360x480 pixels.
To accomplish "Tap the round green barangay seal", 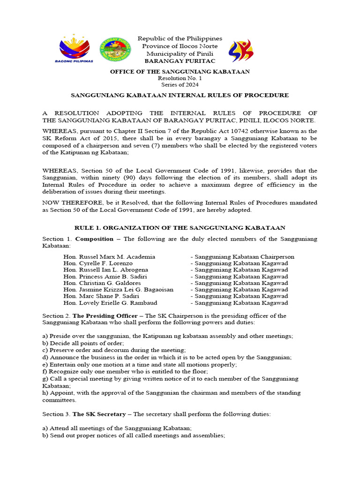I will coord(115,49).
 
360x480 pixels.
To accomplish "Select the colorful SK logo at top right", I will coord(240,51).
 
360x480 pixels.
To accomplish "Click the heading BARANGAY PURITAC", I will coord(180,61).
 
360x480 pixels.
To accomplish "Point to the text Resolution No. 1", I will coord(180,78).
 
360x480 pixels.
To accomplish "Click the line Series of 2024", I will coord(180,85).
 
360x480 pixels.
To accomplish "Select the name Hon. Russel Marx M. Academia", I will coord(109,257).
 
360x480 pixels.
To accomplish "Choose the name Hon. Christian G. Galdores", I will coord(102,283).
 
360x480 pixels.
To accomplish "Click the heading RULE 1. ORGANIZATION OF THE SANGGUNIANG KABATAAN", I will coord(180,228).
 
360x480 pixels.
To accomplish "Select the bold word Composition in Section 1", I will coord(94,239).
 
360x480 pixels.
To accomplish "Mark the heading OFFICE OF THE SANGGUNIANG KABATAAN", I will coord(180,72).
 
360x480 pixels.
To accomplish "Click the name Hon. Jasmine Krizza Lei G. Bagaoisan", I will coord(118,290).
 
